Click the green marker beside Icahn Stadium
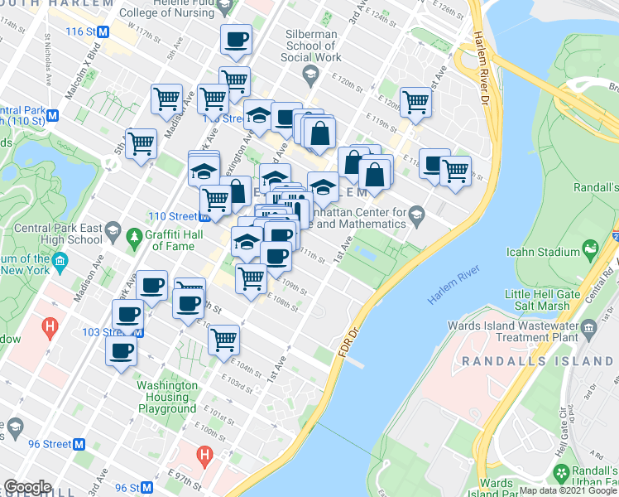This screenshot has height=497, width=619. click(x=590, y=247)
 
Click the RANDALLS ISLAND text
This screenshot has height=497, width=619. click(x=538, y=361)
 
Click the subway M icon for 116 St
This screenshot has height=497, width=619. click(x=103, y=31)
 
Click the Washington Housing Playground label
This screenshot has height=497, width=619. click(x=168, y=397)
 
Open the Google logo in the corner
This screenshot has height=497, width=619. click(x=27, y=487)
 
